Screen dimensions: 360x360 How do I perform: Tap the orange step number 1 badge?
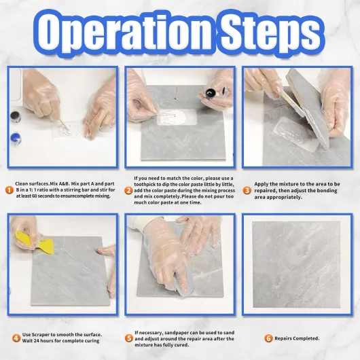(10, 190)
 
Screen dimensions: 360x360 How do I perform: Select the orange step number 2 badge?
(128, 191)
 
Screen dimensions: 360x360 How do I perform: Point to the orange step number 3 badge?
(247, 190)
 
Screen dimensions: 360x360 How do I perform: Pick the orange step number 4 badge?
(16, 338)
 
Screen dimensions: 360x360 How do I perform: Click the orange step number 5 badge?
(129, 338)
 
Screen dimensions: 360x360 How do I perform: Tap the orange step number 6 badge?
(268, 338)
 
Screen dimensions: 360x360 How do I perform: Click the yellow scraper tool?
(35, 242)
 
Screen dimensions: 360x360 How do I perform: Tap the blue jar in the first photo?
(16, 139)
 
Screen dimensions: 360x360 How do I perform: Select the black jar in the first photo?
(16, 117)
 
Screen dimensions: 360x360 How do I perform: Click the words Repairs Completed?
(297, 338)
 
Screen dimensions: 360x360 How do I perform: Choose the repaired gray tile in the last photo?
(296, 264)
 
